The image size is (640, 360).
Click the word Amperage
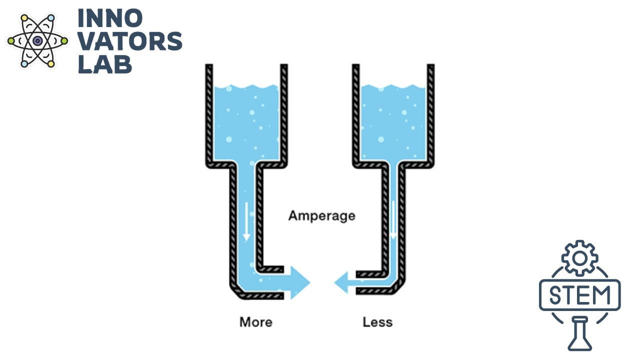(x=321, y=216)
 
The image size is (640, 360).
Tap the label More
(x=256, y=322)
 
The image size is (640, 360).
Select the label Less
(x=377, y=322)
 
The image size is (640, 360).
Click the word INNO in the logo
(x=110, y=18)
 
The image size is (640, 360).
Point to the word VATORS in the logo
(x=130, y=41)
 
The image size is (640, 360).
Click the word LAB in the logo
(x=105, y=64)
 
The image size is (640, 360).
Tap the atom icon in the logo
(x=37, y=41)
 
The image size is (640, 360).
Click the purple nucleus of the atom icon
(x=37, y=41)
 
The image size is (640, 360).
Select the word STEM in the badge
(x=579, y=295)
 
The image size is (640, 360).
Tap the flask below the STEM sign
(x=579, y=333)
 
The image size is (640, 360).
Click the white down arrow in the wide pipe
(x=246, y=221)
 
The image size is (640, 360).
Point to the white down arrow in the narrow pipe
(x=393, y=220)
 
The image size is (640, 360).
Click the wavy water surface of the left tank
(x=246, y=86)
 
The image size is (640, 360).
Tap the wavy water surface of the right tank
(x=393, y=86)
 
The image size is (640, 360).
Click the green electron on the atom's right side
(x=64, y=41)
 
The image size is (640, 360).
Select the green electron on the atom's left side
(x=11, y=41)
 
